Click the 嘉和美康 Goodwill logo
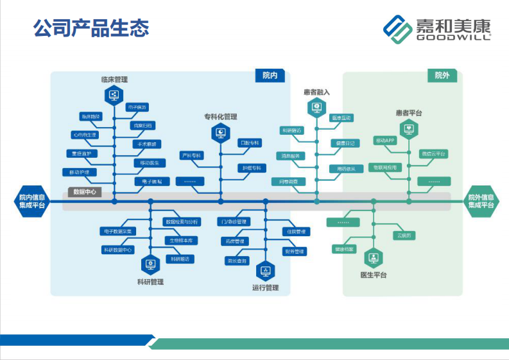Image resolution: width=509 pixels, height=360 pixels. [x=436, y=28]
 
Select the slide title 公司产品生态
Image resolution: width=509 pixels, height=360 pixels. [x=91, y=28]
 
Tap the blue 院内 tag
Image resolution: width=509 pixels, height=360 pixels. [x=270, y=76]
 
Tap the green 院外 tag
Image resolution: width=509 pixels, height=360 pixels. [x=442, y=76]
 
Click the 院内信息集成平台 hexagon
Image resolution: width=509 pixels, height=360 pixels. [x=31, y=201]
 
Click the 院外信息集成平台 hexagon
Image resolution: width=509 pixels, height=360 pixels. [x=481, y=201]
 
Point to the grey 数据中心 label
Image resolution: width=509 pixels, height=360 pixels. [x=85, y=192]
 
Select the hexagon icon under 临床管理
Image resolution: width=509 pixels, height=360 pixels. [x=114, y=96]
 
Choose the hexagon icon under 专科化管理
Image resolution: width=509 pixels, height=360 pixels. [x=220, y=133]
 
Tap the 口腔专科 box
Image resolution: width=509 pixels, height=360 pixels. [x=250, y=142]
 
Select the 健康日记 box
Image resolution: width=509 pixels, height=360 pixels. [x=345, y=142]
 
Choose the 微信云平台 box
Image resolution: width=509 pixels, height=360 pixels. [x=433, y=154]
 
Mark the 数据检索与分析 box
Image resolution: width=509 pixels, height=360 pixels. [x=182, y=221]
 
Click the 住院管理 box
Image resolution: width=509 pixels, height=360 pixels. [x=296, y=231]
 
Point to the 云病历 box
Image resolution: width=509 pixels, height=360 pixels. [x=405, y=236]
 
